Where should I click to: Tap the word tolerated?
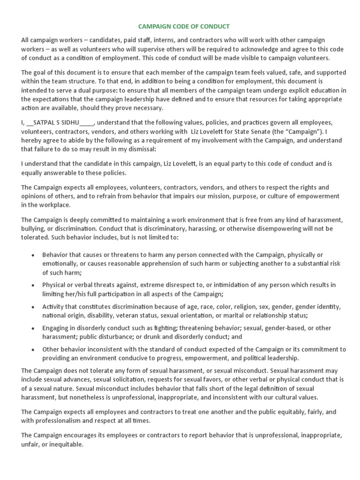(37, 237)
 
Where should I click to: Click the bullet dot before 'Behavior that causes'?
(32, 255)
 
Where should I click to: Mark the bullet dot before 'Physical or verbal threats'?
(32, 285)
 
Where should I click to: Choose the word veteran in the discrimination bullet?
(130, 315)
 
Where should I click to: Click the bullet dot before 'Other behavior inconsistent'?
(32, 350)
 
